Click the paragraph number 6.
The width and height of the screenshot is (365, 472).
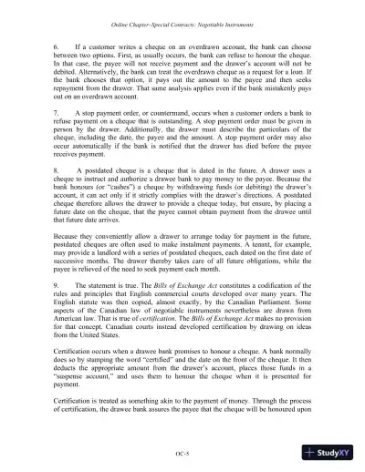[57, 45]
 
